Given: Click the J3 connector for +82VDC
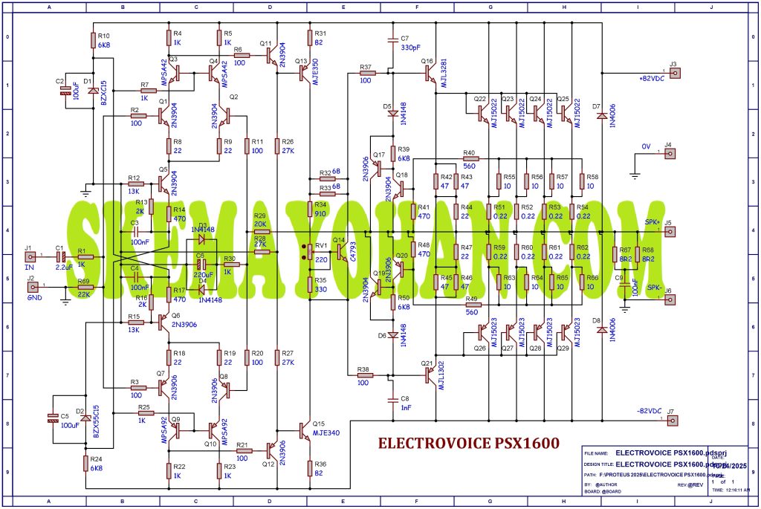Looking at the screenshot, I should click(x=673, y=73).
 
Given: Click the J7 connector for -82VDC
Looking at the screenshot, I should click(x=673, y=421).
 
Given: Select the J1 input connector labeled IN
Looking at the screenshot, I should click(x=30, y=257).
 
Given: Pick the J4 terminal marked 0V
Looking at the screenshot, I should click(x=669, y=155).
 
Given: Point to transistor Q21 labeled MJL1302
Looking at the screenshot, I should click(x=432, y=375).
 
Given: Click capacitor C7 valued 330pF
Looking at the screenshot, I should click(x=393, y=44).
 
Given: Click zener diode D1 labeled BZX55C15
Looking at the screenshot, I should click(x=93, y=91).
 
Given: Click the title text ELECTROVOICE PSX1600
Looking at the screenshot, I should click(x=469, y=444).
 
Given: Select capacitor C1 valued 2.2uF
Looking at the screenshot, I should click(x=61, y=257).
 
